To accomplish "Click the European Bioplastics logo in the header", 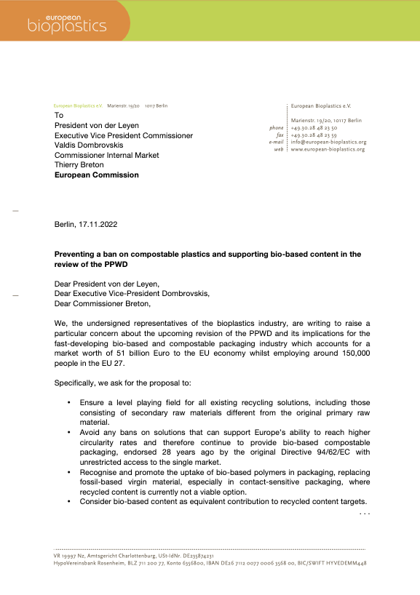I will [x=66, y=22].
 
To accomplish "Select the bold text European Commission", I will [x=97, y=175].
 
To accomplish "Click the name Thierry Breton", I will [x=82, y=165].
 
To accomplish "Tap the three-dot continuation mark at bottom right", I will [x=365, y=514].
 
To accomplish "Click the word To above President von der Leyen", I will [x=59, y=116].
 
